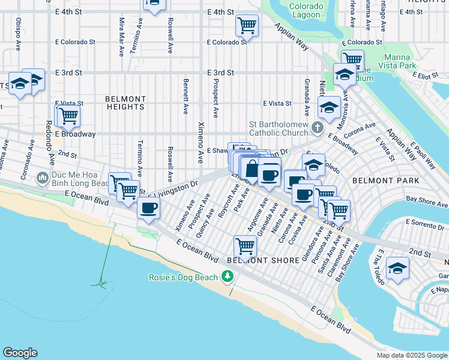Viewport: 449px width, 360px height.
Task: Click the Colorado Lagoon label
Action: click(307, 11)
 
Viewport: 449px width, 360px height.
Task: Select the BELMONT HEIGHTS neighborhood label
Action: click(125, 103)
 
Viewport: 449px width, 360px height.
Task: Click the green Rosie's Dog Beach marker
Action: click(227, 276)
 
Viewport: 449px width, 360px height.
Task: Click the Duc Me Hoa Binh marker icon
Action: click(42, 178)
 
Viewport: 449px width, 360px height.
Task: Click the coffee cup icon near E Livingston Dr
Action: click(148, 208)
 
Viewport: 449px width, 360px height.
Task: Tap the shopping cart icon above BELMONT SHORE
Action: click(246, 245)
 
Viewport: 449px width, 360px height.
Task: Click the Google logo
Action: click(20, 353)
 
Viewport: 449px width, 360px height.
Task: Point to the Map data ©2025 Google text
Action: click(411, 355)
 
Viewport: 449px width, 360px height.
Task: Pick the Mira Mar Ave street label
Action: click(122, 37)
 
